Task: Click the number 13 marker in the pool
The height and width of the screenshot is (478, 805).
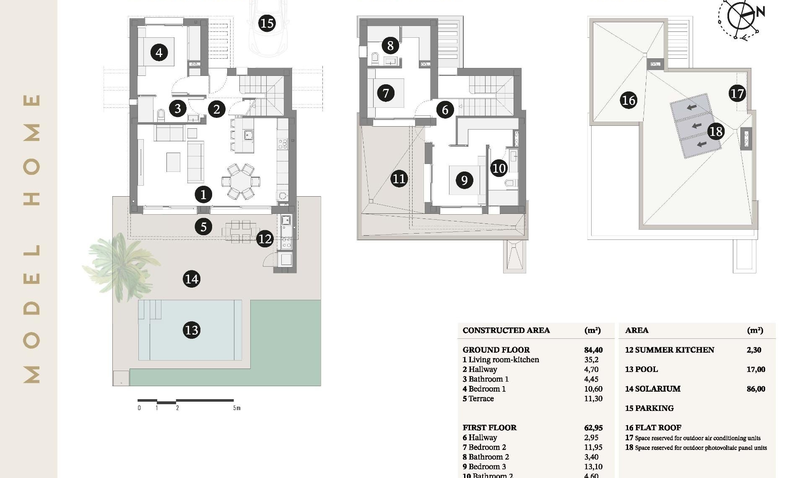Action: click(192, 330)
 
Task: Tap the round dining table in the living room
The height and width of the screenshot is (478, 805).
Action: click(241, 182)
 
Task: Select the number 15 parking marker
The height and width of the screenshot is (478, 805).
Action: click(267, 23)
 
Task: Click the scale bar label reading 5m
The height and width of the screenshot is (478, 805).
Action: click(237, 408)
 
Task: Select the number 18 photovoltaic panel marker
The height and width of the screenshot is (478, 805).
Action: click(716, 132)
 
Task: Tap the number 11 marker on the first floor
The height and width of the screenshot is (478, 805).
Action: click(399, 179)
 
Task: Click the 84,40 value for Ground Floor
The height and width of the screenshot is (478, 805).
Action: click(593, 350)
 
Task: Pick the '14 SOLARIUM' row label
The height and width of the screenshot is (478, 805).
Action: click(652, 389)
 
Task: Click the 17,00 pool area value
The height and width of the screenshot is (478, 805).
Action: click(756, 369)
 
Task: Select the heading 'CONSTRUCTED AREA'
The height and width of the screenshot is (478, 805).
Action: click(506, 330)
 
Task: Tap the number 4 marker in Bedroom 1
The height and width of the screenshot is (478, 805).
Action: click(159, 53)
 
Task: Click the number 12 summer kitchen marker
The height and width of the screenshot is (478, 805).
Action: click(265, 239)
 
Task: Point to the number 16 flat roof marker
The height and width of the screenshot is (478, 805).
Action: click(628, 100)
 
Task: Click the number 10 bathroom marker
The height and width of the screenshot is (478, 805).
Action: click(499, 169)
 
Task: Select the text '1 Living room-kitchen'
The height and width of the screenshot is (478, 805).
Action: click(501, 360)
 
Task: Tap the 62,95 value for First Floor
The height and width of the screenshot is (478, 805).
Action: click(593, 428)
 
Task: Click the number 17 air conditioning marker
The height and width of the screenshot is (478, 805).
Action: click(737, 93)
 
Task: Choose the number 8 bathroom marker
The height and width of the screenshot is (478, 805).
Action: click(390, 45)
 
